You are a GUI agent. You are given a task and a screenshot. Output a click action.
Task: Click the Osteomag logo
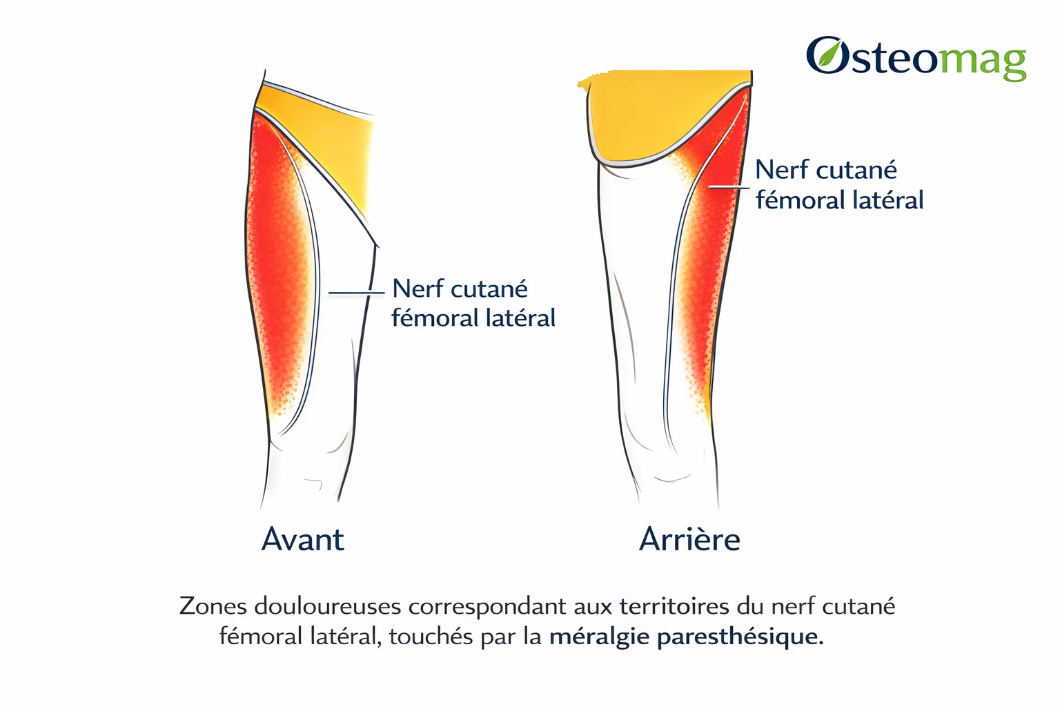click(916, 59)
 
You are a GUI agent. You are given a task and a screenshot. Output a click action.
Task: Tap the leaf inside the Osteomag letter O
click(826, 55)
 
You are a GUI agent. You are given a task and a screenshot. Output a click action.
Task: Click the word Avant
click(303, 539)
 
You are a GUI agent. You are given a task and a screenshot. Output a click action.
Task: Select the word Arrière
click(689, 539)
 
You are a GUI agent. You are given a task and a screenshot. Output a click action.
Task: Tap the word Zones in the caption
click(213, 606)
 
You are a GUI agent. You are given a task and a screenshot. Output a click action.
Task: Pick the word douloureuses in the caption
click(328, 606)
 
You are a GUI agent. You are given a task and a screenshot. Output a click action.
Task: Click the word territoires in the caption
click(674, 606)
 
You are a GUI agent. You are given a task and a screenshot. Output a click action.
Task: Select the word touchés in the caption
click(431, 636)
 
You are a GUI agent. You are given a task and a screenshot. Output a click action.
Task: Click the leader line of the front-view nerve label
click(356, 293)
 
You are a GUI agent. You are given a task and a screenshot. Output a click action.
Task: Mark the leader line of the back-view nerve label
click(729, 188)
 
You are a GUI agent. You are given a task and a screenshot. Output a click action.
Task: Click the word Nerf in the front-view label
click(412, 288)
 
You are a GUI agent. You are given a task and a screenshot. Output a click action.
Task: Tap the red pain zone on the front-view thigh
click(277, 265)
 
